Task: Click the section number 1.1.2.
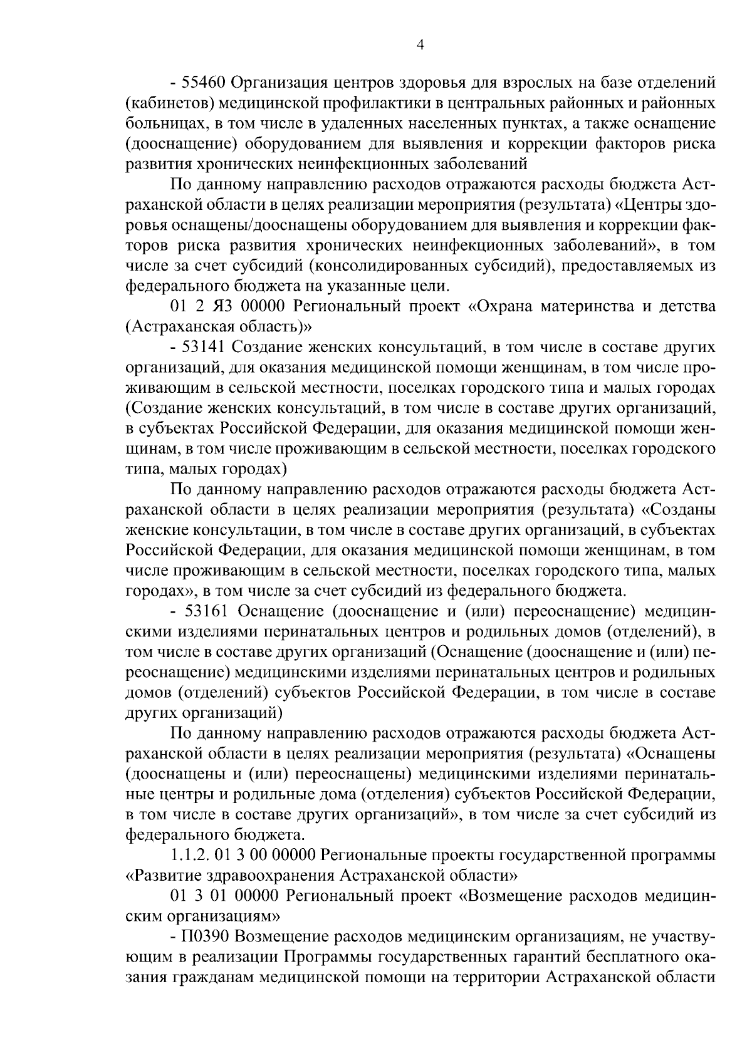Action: point(189,855)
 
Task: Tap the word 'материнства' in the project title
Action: point(608,306)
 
